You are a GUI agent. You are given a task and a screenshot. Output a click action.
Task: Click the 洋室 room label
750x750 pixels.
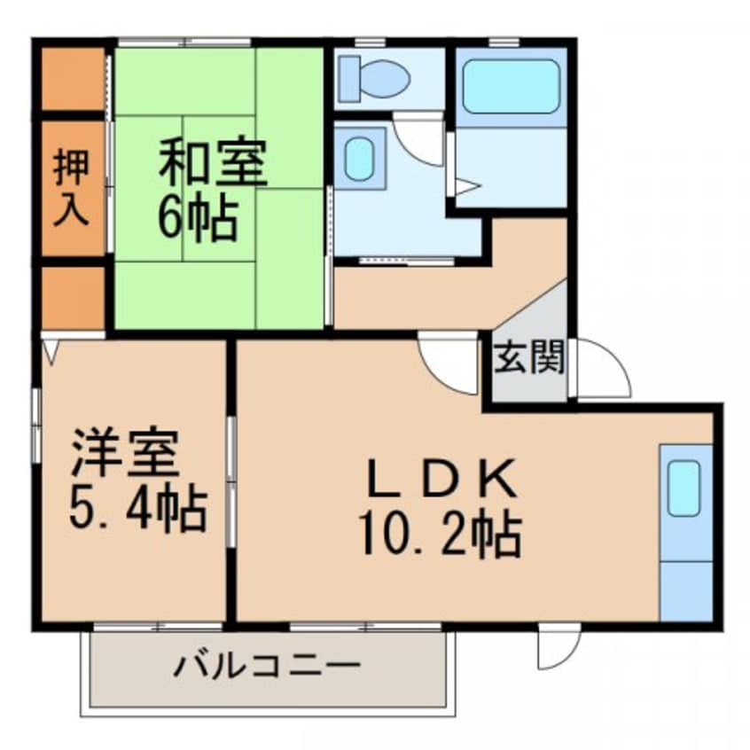(125, 453)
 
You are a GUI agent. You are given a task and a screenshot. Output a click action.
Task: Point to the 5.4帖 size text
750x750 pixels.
(138, 509)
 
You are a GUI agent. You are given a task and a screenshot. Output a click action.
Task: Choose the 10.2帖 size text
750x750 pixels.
(441, 535)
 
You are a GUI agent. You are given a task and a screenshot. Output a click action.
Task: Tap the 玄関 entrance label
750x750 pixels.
(529, 357)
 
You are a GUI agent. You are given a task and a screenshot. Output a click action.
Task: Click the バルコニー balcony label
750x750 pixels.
(266, 666)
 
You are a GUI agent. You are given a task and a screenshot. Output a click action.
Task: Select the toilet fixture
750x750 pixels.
(373, 77)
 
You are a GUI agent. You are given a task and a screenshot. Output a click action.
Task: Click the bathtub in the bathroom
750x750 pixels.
(512, 87)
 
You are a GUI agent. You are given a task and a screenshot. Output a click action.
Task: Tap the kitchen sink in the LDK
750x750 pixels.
(684, 488)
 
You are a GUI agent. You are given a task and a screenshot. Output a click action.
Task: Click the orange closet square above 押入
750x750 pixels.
(74, 79)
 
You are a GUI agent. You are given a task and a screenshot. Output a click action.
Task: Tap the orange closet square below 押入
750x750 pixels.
(74, 298)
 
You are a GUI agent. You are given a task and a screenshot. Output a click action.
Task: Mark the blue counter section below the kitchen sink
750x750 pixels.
(686, 590)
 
